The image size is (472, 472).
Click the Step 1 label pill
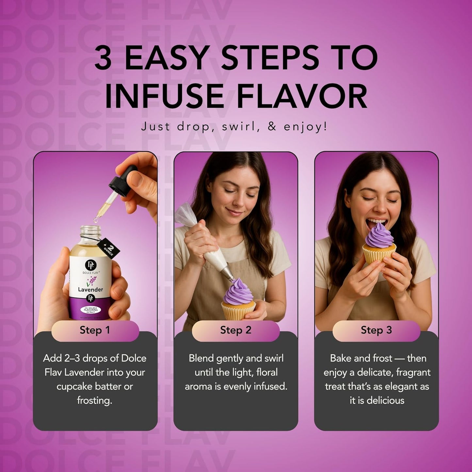point(95,330)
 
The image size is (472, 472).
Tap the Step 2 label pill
point(236,330)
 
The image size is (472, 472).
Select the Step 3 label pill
point(376,330)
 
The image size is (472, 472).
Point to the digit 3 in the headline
point(103,57)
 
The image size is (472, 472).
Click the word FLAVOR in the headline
point(302,97)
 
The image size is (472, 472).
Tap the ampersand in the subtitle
point(272,127)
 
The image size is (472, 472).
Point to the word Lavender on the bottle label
point(90,289)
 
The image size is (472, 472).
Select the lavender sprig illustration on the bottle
point(91,281)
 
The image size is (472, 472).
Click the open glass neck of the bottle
point(90,231)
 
